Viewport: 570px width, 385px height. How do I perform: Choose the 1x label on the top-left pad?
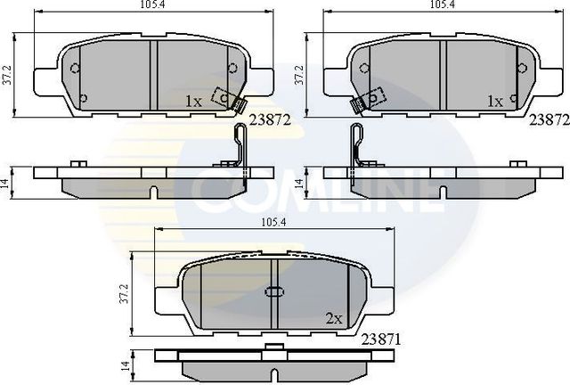(193, 102)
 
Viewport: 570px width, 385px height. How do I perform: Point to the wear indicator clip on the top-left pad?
(231, 102)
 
